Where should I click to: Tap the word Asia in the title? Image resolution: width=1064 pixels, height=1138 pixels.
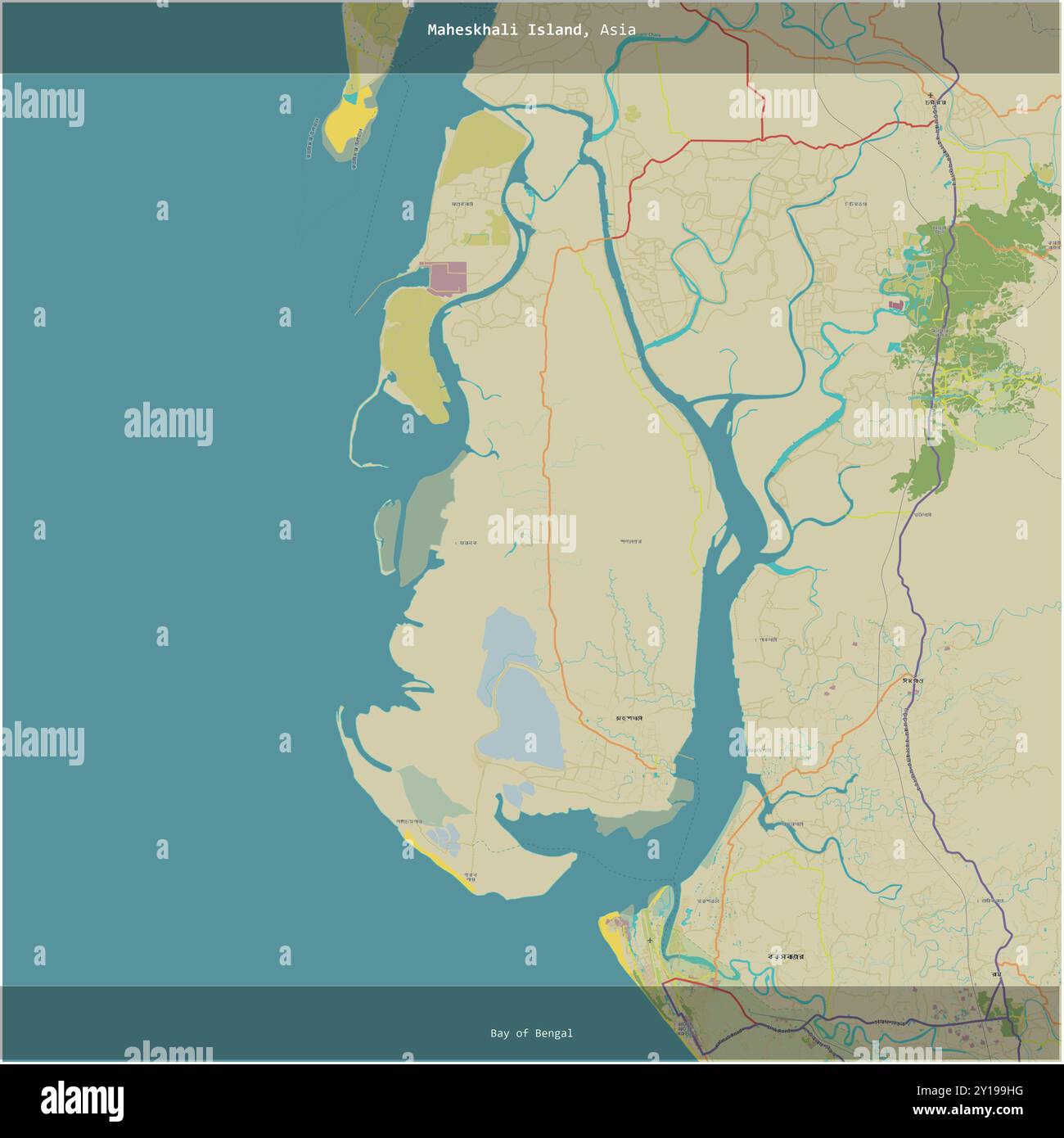pos(617,30)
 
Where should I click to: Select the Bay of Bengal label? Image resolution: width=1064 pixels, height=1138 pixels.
pos(531,1033)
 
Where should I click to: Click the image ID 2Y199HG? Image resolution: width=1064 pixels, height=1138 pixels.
pos(987,1091)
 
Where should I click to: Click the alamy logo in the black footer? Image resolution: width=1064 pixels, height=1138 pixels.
pos(82,1100)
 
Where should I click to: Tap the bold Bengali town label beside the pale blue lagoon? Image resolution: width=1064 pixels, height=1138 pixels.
pos(629,718)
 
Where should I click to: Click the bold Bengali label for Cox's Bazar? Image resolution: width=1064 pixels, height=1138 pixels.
pos(784,956)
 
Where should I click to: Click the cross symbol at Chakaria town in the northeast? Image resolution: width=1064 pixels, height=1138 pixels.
pos(930,95)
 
